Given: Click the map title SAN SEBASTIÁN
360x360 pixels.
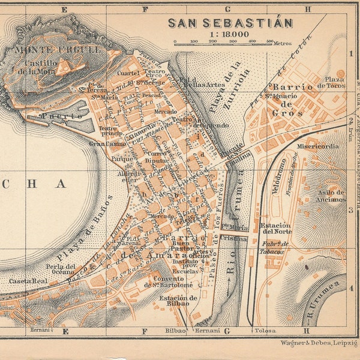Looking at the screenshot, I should [230, 23].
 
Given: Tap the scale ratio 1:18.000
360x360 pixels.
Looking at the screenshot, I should [229, 34].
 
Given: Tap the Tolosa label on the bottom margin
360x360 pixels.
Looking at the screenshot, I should [265, 331].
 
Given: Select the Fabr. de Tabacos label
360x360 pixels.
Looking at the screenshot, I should [276, 247].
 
